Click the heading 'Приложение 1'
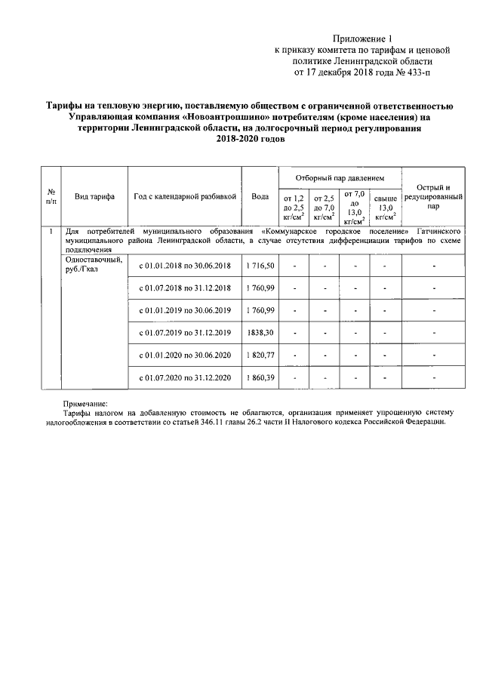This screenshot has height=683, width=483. pyautogui.click(x=363, y=38)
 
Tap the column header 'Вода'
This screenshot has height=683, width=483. pyautogui.click(x=260, y=196)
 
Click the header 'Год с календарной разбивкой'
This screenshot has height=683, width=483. pyautogui.click(x=185, y=196)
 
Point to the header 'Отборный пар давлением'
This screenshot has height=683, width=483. pyautogui.click(x=340, y=177)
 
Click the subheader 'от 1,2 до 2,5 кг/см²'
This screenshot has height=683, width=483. pyautogui.click(x=294, y=207)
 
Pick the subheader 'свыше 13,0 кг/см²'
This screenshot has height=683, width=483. pyautogui.click(x=385, y=207)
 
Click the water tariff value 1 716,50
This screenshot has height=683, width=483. pyautogui.click(x=260, y=266)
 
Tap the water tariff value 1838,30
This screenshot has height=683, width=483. pyautogui.click(x=260, y=333)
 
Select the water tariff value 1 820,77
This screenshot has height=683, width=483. pyautogui.click(x=260, y=355)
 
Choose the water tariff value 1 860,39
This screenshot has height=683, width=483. pyautogui.click(x=260, y=377)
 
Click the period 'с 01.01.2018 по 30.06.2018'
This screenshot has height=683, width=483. pyautogui.click(x=185, y=266)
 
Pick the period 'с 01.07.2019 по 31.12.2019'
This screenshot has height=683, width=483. pyautogui.click(x=185, y=333)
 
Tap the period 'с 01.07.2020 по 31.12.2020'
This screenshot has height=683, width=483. pyautogui.click(x=185, y=377)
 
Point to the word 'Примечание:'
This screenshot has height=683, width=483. pyautogui.click(x=85, y=404)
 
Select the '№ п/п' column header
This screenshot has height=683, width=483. pyautogui.click(x=51, y=196)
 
